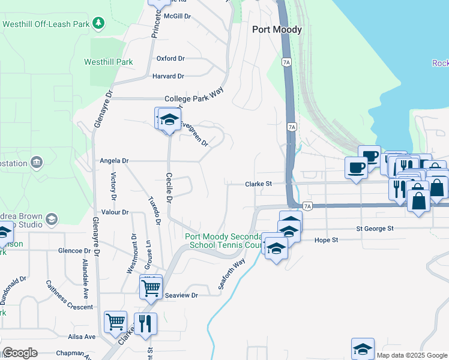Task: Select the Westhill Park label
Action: tap(108, 62)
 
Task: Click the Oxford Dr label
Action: tap(170, 59)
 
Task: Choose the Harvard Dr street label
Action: tap(168, 76)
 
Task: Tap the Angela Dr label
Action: tap(114, 161)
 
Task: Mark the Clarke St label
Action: tap(259, 184)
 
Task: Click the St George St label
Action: tap(375, 229)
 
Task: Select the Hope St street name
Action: tap(327, 240)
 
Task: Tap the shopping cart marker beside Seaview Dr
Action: tap(151, 287)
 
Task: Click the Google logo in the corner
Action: tap(19, 353)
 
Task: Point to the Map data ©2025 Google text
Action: tap(412, 355)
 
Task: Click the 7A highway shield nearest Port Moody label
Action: tap(286, 62)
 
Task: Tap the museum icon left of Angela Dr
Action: tap(37, 162)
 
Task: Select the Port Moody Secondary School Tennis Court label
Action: tap(224, 241)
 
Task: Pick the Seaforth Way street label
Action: tap(232, 275)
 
